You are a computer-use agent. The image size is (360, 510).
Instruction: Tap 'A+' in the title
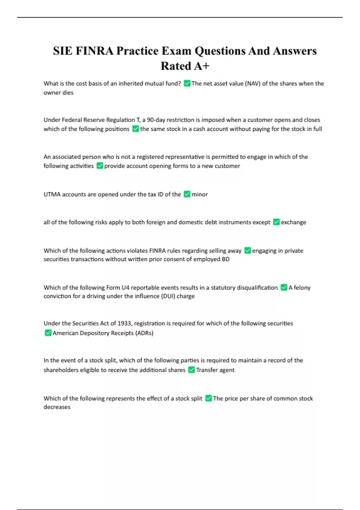[x=201, y=66]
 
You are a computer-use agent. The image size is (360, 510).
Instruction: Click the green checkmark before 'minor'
[x=187, y=194]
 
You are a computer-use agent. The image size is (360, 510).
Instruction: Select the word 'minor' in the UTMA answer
[x=200, y=194]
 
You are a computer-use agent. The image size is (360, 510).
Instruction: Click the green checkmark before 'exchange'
[x=276, y=222]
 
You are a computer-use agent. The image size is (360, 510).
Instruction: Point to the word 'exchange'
[x=293, y=222]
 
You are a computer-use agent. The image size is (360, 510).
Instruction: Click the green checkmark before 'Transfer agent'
[x=191, y=370]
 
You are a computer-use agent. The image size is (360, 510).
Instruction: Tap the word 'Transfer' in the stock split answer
[x=207, y=370]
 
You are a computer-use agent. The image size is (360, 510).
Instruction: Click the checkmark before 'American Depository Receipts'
[x=48, y=333]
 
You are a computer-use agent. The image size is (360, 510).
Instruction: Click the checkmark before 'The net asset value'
[x=187, y=83]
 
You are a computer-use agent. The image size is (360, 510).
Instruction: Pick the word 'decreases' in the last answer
[x=57, y=407]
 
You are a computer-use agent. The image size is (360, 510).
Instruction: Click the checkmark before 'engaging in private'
[x=247, y=250]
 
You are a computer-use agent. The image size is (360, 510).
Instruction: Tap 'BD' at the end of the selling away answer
[x=226, y=259]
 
